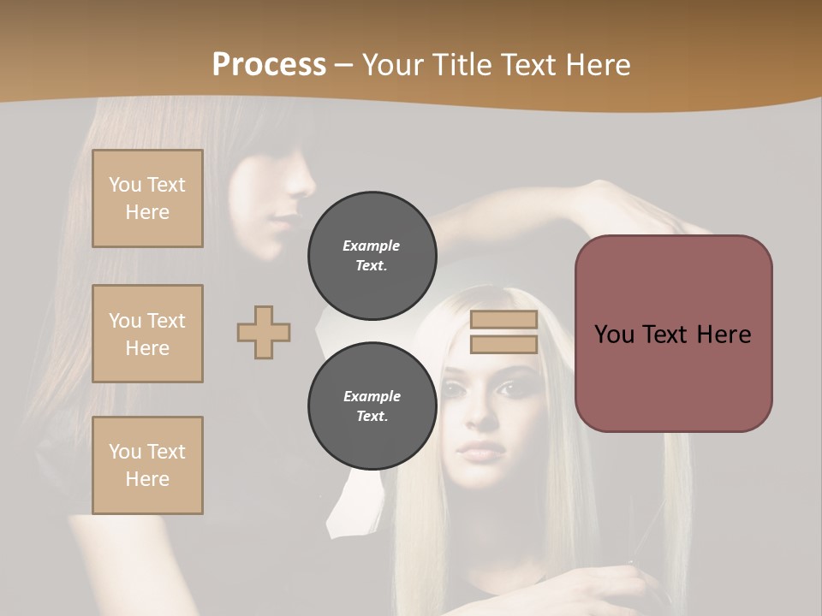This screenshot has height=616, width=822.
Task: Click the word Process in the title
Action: coord(269,65)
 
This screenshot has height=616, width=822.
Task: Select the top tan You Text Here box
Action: coord(147,198)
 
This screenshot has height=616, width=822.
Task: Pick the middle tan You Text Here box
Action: coord(147,334)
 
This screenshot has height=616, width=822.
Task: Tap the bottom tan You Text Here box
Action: coord(147,465)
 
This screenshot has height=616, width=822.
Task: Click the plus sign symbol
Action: coord(264,332)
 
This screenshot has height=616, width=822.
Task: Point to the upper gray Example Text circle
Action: coord(372,255)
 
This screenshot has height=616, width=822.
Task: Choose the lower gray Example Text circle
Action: coord(372,406)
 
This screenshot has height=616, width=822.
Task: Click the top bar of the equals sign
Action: coord(503,320)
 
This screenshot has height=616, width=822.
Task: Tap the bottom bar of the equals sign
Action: coord(503,345)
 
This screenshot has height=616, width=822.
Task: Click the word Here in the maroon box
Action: coord(724,335)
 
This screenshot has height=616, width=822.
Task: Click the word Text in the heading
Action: coord(531,65)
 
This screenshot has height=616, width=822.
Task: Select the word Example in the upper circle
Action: coord(372,246)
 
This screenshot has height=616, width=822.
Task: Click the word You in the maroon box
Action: coord(613,335)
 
